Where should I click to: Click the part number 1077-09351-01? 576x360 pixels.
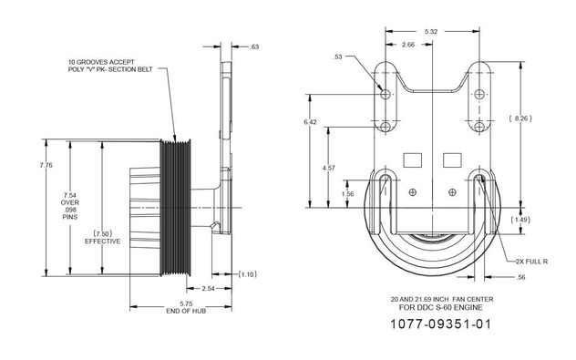(440, 324)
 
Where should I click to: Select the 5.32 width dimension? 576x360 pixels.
(431, 32)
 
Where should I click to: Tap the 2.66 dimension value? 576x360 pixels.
(408, 45)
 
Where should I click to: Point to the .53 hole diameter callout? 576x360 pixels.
(338, 57)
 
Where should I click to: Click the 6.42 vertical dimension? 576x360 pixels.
(310, 122)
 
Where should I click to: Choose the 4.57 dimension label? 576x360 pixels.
(328, 168)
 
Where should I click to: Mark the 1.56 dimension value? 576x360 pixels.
(347, 194)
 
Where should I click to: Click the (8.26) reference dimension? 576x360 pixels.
(520, 118)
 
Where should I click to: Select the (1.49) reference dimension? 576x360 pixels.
(520, 220)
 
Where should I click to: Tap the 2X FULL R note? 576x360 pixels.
(531, 262)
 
